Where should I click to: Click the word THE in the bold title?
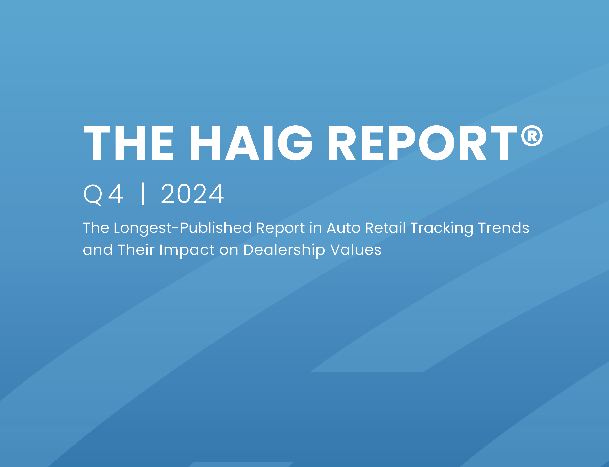(x=128, y=143)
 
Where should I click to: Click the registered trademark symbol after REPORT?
(x=532, y=136)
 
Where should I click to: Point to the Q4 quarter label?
(x=103, y=194)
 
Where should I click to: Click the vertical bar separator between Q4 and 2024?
(x=143, y=194)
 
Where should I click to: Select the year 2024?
(x=192, y=194)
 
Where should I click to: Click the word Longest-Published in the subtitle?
(x=182, y=228)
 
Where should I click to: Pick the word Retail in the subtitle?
(x=385, y=228)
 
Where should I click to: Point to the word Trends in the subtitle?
(x=504, y=228)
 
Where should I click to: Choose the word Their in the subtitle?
(x=136, y=250)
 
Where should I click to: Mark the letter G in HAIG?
(x=295, y=143)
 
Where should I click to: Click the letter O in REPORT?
(x=436, y=143)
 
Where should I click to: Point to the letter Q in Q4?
(x=93, y=195)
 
